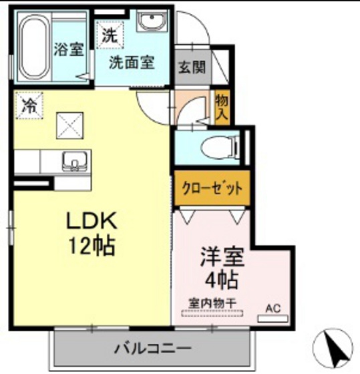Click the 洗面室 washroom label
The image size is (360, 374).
[x=132, y=63]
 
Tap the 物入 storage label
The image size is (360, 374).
[x=222, y=108]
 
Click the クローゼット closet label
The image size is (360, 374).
[x=212, y=188]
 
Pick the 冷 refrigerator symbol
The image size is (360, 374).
[x=27, y=105]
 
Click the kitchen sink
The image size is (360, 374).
[x=72, y=161]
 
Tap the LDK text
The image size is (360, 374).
[x=92, y=221]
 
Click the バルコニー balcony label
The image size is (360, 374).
[x=152, y=348]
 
